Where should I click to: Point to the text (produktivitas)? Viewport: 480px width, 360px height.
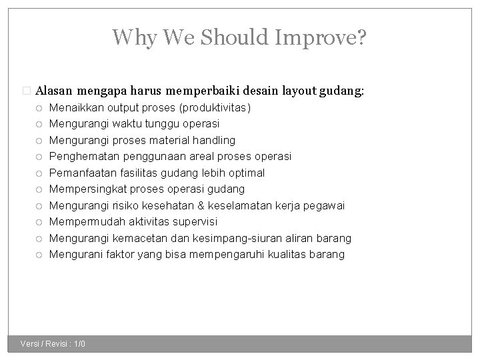coord(212,107)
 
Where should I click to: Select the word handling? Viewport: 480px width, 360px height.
coord(212,140)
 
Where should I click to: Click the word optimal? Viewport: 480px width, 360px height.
coord(246,173)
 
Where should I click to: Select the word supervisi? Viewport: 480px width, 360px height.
coord(195,221)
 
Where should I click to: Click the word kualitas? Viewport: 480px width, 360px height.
coord(283,254)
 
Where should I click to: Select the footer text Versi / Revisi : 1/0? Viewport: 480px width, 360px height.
coord(53,344)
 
